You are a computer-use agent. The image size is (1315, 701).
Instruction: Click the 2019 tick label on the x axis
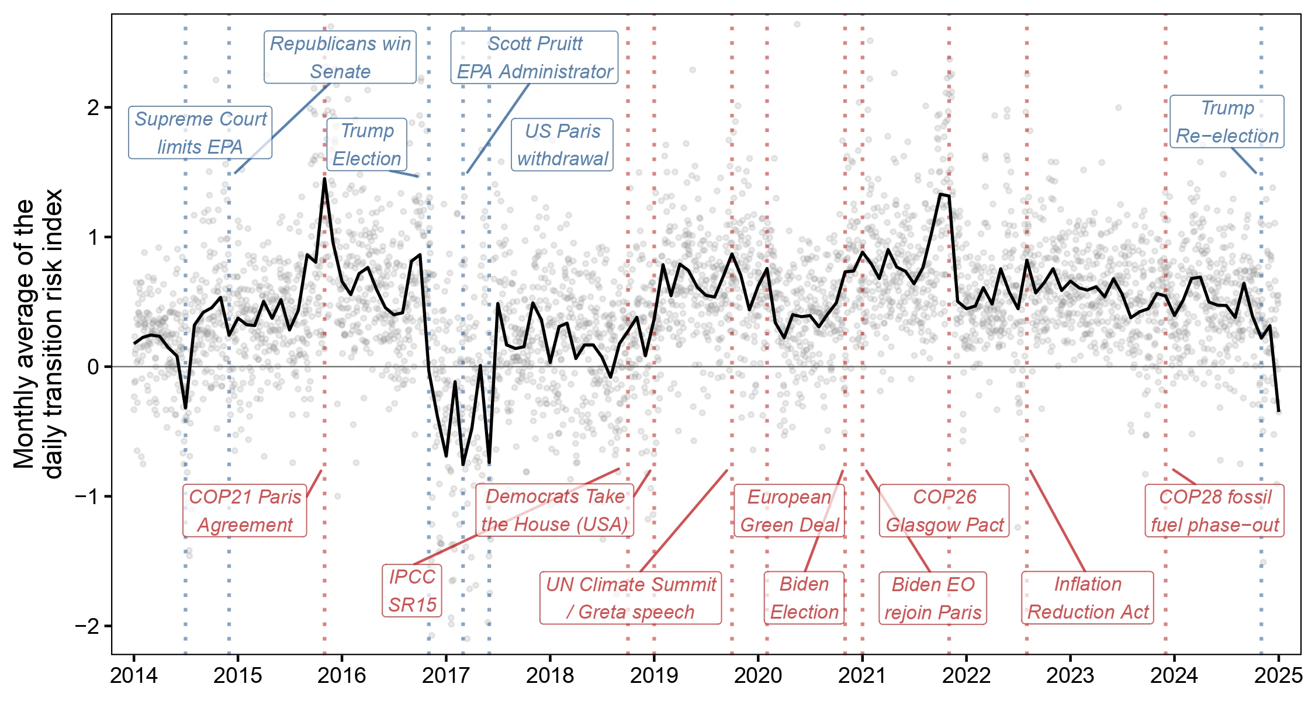(653, 676)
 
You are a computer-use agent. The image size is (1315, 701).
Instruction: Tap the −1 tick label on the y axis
(88, 497)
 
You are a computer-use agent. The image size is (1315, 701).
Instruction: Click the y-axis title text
(37, 334)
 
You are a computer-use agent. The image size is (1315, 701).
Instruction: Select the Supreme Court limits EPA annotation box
(200, 133)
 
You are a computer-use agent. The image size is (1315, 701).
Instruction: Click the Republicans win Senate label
(340, 57)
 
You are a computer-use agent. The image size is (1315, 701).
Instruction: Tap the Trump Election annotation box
(366, 144)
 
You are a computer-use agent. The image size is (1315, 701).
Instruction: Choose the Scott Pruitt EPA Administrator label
(534, 57)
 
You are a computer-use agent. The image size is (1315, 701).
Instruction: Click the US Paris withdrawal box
(562, 144)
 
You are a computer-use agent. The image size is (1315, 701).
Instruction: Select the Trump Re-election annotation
(1227, 122)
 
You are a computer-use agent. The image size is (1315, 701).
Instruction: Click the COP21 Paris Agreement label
(244, 511)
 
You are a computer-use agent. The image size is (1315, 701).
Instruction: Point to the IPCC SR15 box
(412, 591)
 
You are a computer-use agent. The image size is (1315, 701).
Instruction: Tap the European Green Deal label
(789, 511)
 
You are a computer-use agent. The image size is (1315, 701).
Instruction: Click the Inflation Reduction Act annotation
(1088, 598)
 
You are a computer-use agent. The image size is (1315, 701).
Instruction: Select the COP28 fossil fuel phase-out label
(1214, 511)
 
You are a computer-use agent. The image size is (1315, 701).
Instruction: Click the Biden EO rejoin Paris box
(933, 598)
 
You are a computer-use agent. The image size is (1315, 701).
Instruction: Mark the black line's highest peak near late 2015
(324, 179)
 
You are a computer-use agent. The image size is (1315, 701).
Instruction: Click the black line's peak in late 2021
(940, 194)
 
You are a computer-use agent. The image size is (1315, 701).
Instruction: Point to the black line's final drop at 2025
(1279, 411)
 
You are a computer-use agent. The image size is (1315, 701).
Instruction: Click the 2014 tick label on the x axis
(133, 676)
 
